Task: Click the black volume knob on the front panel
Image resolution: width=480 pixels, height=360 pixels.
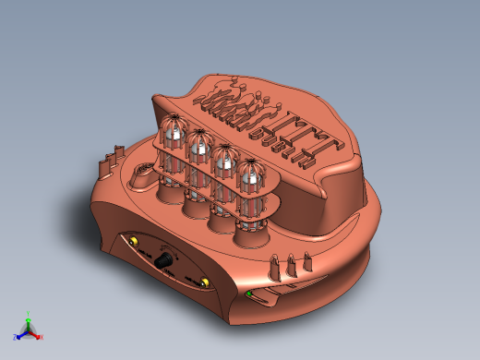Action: (x=167, y=264)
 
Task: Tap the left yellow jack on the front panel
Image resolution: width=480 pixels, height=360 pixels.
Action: (x=135, y=243)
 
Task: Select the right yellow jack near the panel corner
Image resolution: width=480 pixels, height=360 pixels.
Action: (x=205, y=282)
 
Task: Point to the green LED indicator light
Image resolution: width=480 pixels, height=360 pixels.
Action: (x=248, y=294)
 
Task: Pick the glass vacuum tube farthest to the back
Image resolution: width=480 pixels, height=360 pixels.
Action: (x=173, y=134)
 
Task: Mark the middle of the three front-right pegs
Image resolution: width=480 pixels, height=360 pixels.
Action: (x=292, y=265)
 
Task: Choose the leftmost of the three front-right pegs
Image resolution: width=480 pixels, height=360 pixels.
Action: (x=275, y=270)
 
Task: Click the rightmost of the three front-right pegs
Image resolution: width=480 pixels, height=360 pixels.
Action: (x=306, y=261)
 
